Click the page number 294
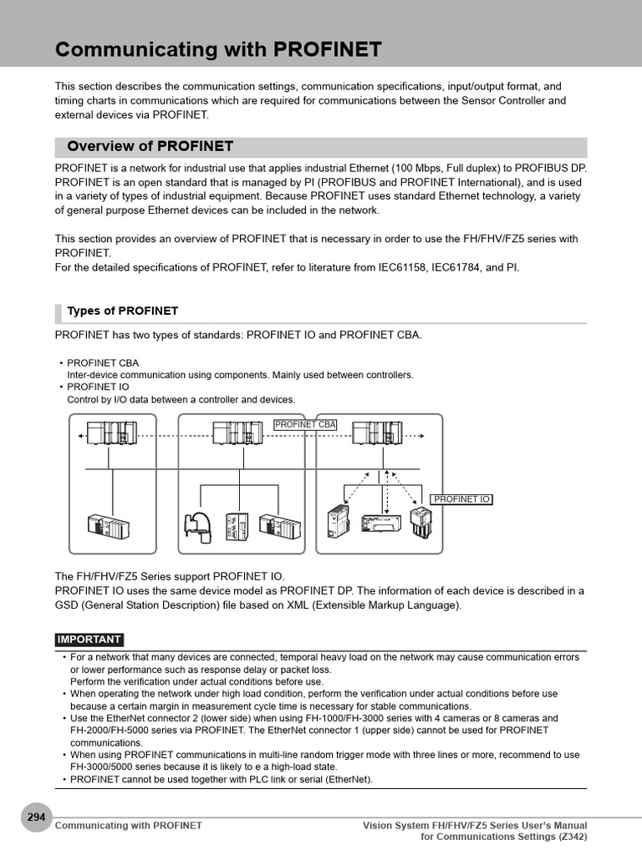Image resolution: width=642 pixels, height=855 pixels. click(36, 817)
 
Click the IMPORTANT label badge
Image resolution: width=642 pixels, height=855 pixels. click(89, 640)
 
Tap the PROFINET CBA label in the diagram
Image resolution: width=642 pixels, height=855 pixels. click(305, 424)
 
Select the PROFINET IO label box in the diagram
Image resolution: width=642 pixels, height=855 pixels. click(461, 499)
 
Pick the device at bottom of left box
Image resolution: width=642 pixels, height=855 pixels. click(110, 527)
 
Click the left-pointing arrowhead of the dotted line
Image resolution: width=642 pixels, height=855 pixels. click(80, 436)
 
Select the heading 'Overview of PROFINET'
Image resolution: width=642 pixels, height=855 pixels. click(150, 147)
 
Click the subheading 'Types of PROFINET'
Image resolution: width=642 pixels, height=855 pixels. click(123, 311)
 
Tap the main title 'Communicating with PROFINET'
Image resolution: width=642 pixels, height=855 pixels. click(218, 50)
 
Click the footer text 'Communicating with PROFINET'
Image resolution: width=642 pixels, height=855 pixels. click(128, 825)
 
